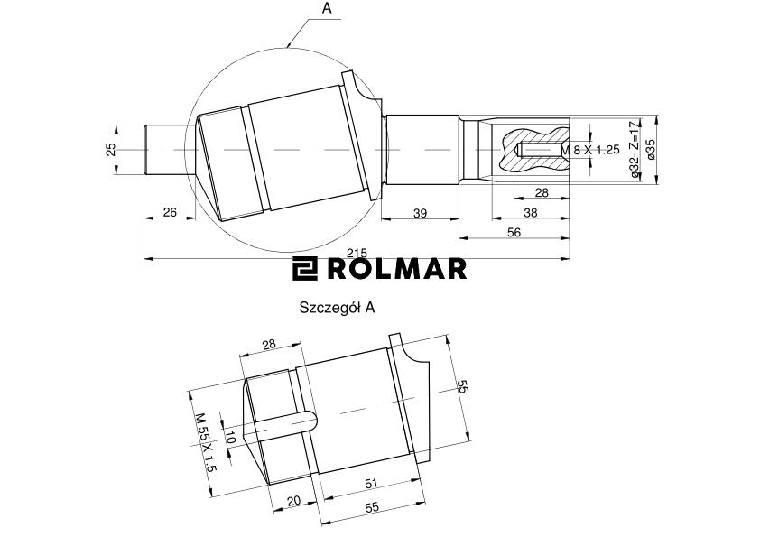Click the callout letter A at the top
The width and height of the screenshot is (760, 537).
coord(327,8)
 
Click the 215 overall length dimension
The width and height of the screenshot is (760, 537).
coord(357,253)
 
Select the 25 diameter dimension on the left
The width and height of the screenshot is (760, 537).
coord(111,149)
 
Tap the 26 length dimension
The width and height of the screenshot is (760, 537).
coord(170,212)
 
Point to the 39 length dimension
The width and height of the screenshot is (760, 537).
coord(421,213)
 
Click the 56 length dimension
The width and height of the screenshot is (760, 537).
coord(514,232)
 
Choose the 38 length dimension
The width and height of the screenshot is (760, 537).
coord(531,212)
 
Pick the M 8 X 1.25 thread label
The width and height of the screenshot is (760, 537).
coord(590,150)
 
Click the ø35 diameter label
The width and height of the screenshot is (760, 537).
coord(651,149)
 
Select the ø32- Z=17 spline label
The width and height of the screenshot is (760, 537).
coord(634,149)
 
